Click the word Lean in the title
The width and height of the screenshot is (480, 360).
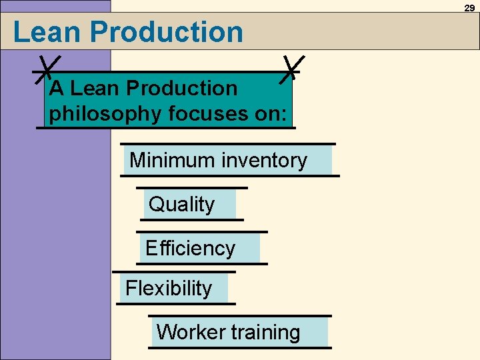[x=46, y=32]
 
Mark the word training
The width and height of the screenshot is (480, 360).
[x=265, y=332]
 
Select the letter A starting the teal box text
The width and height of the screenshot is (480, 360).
[x=57, y=88]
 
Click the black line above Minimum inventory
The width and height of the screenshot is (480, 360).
[x=228, y=143]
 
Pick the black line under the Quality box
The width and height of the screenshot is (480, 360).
[x=192, y=219]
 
